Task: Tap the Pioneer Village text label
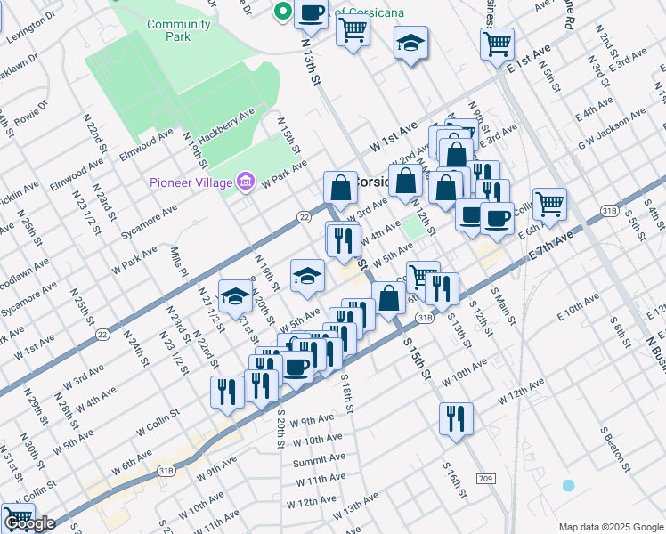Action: (190, 184)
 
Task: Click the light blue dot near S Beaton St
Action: (568, 485)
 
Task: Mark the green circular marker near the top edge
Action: (283, 12)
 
